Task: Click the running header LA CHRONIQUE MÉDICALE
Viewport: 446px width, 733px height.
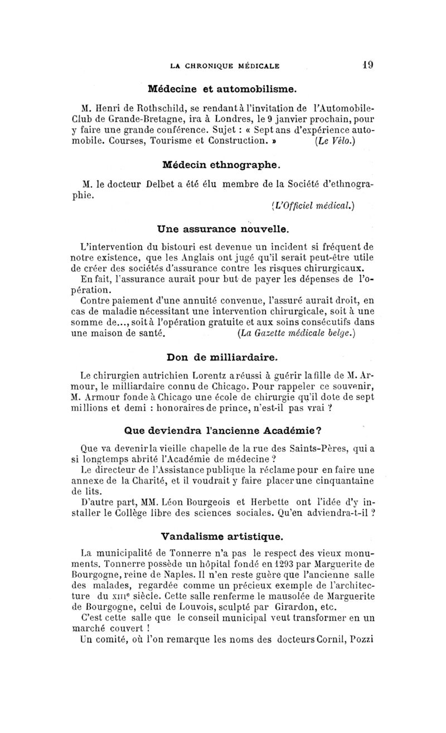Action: point(224,65)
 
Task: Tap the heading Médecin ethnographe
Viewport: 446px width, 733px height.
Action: point(221,165)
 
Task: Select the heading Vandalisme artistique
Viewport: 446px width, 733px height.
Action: point(222,537)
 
